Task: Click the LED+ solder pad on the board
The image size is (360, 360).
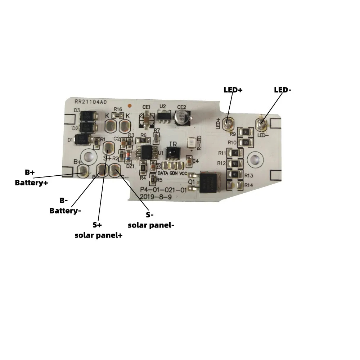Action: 228,124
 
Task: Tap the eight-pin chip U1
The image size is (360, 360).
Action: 147,152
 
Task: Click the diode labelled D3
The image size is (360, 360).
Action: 87,116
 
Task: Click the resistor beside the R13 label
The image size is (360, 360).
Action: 234,175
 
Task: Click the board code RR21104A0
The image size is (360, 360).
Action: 91,102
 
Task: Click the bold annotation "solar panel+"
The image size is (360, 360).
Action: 98,235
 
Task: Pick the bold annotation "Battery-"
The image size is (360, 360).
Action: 65,211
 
